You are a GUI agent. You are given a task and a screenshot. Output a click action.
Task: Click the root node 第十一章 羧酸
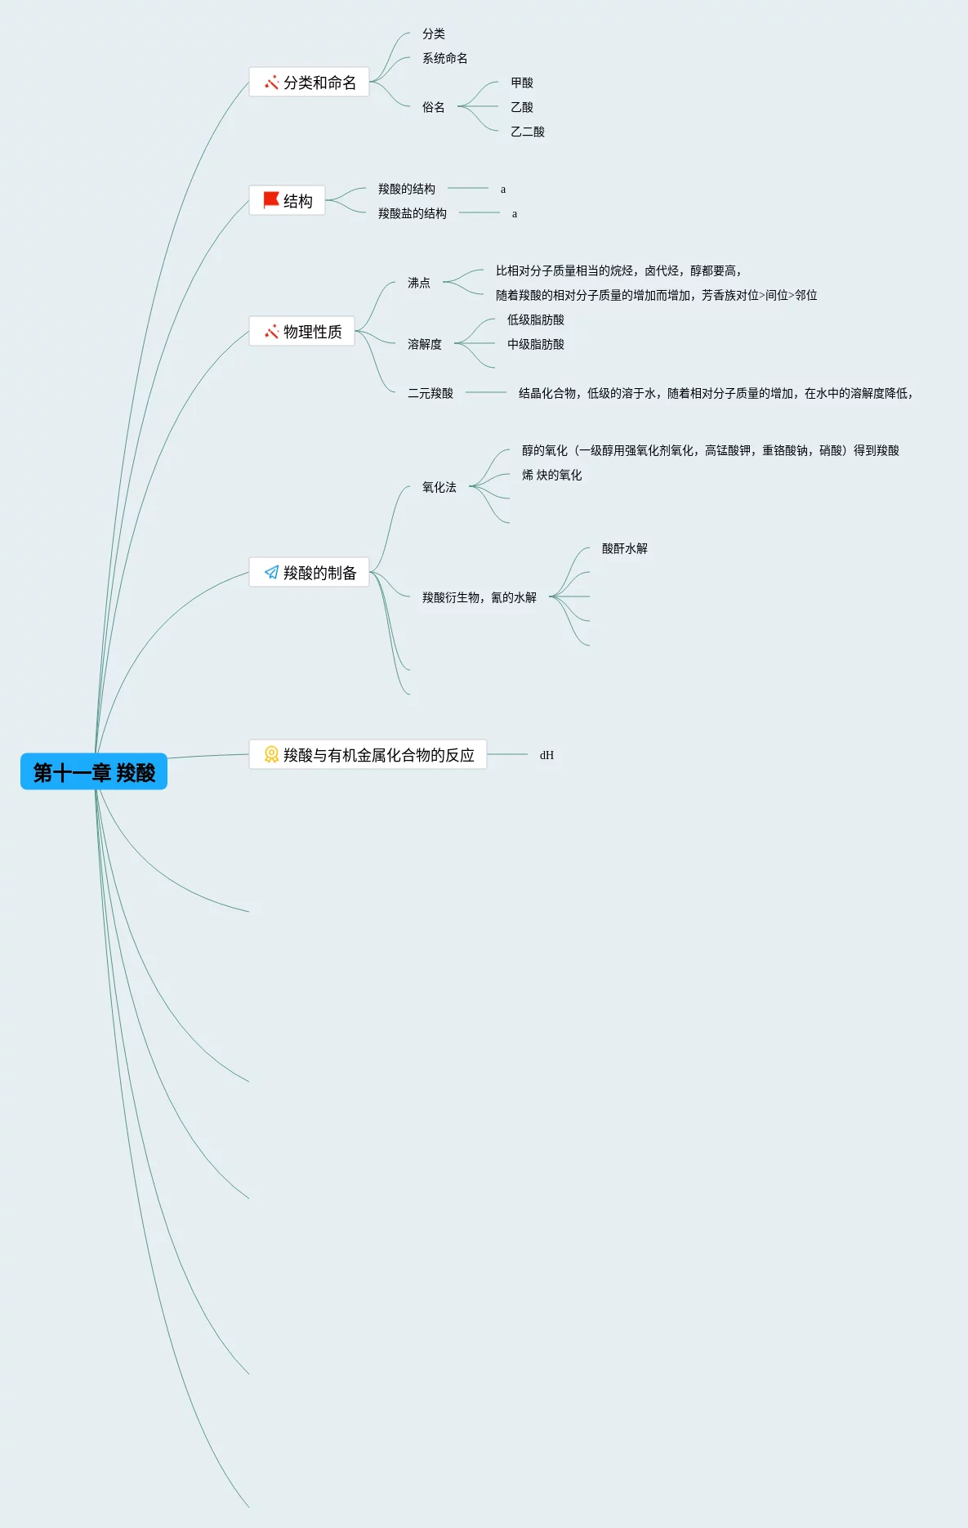(94, 772)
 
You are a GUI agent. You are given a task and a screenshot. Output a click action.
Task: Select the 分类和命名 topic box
(310, 83)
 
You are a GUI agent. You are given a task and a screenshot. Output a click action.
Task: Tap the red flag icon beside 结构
(271, 200)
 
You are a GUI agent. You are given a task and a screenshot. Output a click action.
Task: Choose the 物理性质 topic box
(302, 332)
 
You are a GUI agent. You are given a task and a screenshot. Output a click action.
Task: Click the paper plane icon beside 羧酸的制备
(271, 573)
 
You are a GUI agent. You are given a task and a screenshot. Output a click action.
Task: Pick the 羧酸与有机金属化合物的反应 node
(368, 755)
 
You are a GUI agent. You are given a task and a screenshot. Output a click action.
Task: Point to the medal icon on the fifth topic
(271, 755)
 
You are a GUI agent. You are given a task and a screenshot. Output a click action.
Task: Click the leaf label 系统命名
(444, 59)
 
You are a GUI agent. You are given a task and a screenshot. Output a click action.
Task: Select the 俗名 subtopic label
(433, 108)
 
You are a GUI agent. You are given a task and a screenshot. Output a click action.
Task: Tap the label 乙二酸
(527, 132)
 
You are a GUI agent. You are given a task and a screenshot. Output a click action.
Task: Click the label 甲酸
(521, 83)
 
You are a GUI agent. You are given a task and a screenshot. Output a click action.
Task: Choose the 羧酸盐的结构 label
(412, 214)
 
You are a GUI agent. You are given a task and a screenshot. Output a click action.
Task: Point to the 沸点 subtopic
(418, 284)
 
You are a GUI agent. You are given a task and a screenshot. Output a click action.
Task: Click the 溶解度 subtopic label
(424, 345)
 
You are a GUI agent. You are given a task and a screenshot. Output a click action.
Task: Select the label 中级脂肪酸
(535, 345)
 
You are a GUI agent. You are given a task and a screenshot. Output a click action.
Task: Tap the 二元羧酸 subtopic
(430, 394)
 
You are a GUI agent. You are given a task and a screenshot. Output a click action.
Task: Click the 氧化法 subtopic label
(439, 488)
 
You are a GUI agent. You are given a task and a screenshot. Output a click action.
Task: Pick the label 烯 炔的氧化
(551, 476)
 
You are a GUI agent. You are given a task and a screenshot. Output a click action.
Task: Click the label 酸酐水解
(624, 549)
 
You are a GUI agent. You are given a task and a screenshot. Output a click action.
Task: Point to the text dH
(546, 756)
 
